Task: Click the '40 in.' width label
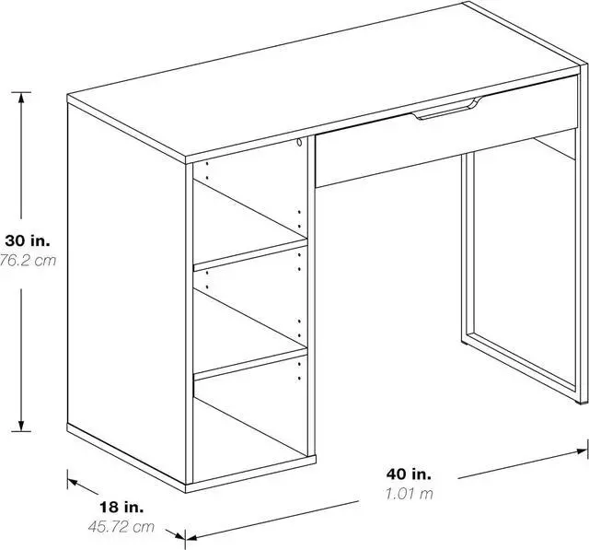point(409,474)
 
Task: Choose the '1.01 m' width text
point(409,493)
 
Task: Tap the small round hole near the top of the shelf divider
point(300,144)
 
